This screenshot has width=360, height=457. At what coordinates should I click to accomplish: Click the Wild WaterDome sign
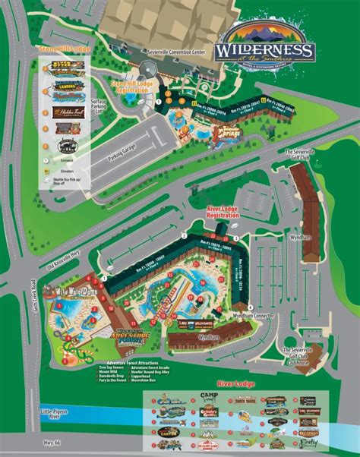68,291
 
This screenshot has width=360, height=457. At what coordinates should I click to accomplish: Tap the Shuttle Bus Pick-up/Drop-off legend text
66,188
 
